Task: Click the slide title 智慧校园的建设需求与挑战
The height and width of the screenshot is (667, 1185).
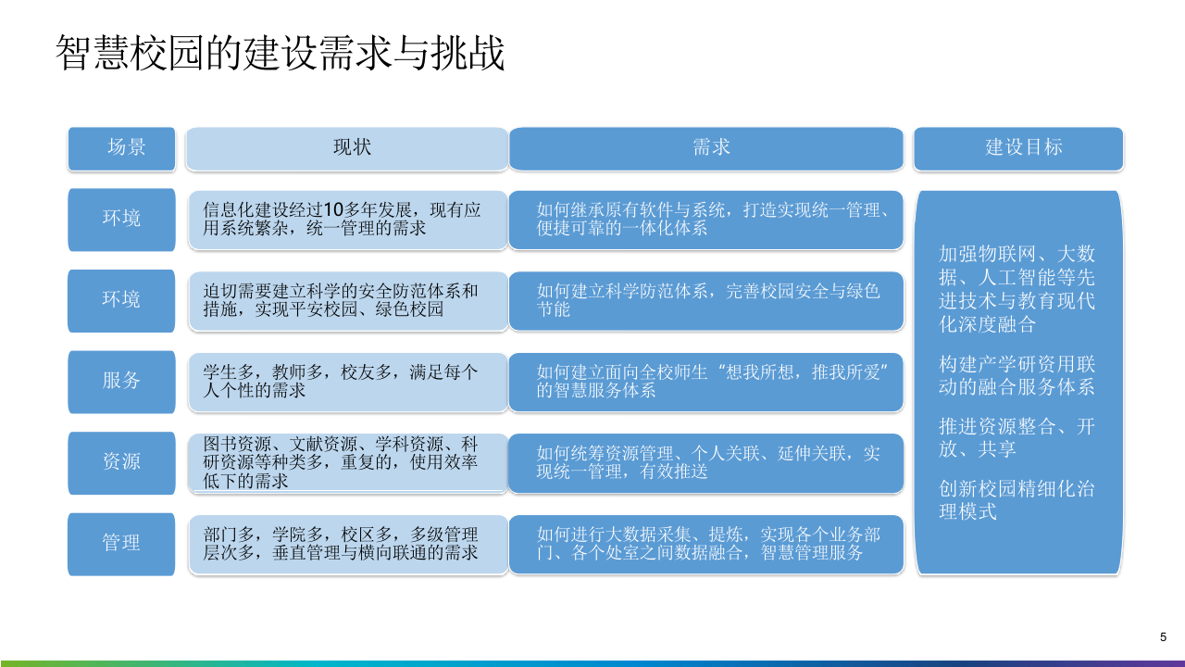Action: coord(281,54)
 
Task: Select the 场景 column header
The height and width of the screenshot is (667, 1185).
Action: coord(121,148)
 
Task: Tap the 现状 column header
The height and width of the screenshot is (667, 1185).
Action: coord(347,148)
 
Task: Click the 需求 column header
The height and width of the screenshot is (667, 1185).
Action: coord(705,148)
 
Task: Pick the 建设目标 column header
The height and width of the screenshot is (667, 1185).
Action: coord(1018,148)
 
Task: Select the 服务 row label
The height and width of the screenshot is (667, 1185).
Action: coord(121,381)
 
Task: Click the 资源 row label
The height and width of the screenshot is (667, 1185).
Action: coord(121,461)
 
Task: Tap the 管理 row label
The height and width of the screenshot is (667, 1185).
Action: coord(121,543)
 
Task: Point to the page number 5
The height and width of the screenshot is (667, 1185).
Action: coord(1163,636)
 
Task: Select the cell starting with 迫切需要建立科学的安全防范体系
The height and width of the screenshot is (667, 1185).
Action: coord(347,300)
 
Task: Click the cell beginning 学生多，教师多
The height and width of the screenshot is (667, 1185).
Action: coord(347,381)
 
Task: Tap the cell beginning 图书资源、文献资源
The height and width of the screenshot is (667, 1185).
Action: coord(347,461)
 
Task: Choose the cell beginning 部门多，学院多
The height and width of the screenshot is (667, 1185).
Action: coord(347,543)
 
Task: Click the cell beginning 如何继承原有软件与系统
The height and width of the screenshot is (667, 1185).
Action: coord(705,219)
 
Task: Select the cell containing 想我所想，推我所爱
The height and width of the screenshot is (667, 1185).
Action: coord(705,381)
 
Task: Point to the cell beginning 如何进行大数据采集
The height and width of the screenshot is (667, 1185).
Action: coord(705,543)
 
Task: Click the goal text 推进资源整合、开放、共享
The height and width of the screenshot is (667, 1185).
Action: coord(1017,437)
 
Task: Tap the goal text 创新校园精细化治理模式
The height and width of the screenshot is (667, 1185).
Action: coord(1017,499)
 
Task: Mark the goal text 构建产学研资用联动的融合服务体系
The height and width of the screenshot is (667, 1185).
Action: coord(1017,376)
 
